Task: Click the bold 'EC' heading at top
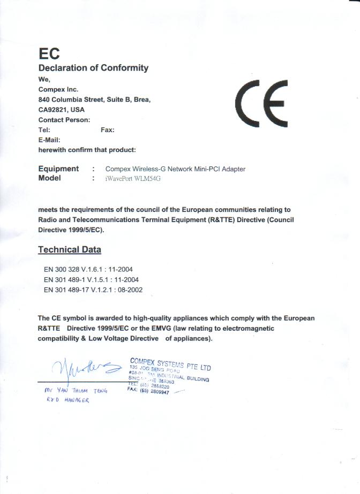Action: (49, 54)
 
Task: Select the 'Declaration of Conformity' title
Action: (93, 68)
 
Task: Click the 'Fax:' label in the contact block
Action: (107, 130)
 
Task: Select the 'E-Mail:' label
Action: (49, 140)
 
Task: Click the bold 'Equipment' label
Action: (58, 169)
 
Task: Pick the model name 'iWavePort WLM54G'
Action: (133, 179)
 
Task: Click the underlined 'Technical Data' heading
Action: (70, 249)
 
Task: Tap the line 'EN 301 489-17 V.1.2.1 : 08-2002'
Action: (93, 290)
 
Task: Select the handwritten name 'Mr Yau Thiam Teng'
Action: (76, 391)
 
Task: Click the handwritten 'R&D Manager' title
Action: (67, 401)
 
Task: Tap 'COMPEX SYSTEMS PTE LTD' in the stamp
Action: (170, 363)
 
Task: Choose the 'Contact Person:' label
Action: (64, 120)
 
